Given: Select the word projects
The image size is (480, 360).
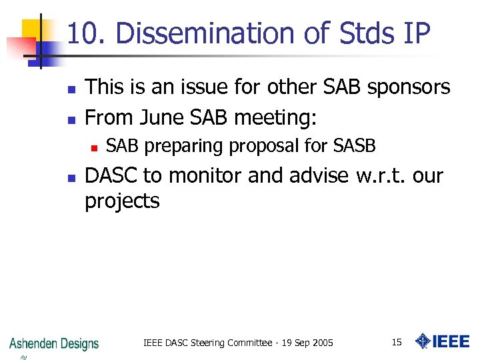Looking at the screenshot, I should (x=122, y=201).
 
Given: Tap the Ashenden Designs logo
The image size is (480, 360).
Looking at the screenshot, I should (x=54, y=344).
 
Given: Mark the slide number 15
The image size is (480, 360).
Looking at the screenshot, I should (x=397, y=342).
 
